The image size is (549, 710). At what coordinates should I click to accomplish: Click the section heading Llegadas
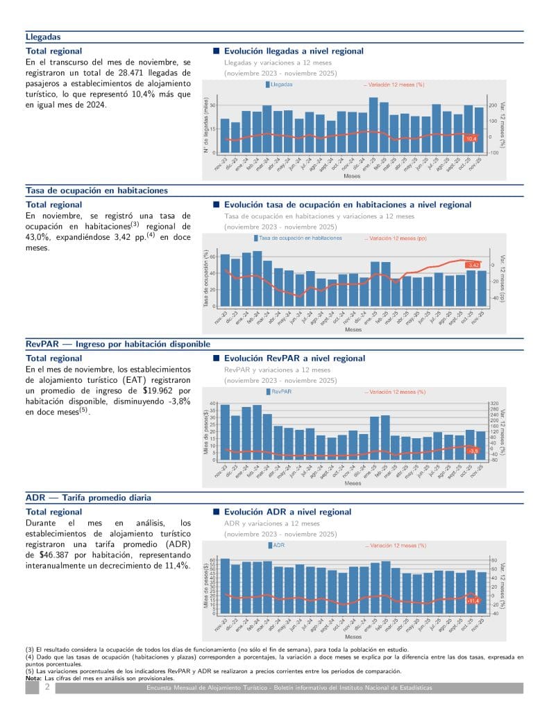click(43, 37)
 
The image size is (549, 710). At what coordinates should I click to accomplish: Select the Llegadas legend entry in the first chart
click(279, 85)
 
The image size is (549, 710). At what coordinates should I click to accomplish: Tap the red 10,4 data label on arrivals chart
click(471, 139)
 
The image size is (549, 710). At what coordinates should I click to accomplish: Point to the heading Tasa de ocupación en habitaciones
click(96, 191)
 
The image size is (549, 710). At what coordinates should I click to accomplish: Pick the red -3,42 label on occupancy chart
click(473, 265)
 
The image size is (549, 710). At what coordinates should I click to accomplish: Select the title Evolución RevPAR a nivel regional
click(294, 358)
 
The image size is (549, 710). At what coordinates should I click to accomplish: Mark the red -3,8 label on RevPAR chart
click(473, 451)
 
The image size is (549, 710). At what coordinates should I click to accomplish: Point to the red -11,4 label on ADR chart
click(473, 600)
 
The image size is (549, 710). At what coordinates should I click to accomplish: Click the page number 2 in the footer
click(47, 687)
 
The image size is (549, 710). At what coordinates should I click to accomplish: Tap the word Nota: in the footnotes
click(34, 678)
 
